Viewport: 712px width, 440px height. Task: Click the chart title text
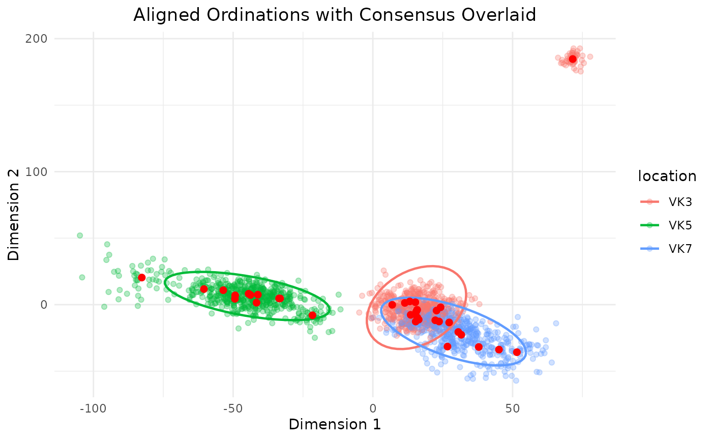(335, 15)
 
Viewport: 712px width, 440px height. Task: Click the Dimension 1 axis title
(335, 424)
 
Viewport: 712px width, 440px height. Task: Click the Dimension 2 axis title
(13, 215)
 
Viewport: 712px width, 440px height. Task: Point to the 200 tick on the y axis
(36, 39)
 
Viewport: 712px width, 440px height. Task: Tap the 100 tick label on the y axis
(36, 172)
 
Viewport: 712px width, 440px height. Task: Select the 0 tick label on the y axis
(44, 305)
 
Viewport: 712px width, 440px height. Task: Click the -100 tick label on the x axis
(93, 408)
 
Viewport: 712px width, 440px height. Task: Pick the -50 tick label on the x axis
(233, 408)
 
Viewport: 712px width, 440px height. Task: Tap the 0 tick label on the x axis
(373, 408)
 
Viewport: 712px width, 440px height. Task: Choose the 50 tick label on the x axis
(513, 408)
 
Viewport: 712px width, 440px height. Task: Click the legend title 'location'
(667, 176)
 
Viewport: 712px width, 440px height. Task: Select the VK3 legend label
(680, 202)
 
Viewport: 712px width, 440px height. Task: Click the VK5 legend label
(680, 225)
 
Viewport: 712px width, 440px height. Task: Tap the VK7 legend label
(680, 249)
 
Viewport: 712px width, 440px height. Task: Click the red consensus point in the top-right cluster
(573, 59)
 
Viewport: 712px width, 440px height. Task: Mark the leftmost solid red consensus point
(142, 278)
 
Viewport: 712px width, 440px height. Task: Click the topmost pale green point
(80, 236)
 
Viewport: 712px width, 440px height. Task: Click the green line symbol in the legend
(650, 225)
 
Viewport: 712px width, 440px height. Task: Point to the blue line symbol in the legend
(650, 249)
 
